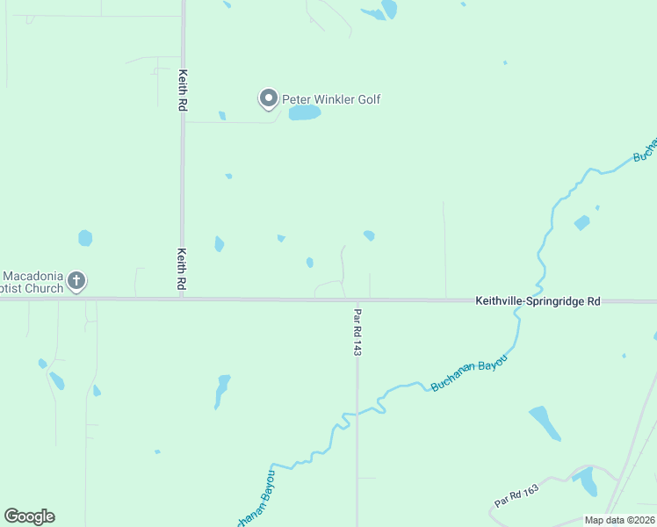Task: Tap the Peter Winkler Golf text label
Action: point(331,100)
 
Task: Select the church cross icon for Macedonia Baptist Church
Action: point(76,281)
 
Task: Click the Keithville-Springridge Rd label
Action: point(538,300)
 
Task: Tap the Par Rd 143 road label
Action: point(357,331)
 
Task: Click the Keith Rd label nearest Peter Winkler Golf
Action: point(183,90)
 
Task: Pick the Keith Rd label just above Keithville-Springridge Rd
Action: point(182,270)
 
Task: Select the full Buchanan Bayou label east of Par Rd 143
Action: point(469,372)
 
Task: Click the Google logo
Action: point(29,516)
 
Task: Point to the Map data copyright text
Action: point(619,520)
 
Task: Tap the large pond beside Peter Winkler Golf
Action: point(304,113)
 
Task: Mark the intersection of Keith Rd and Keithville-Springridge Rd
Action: point(183,300)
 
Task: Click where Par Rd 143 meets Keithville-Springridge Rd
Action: point(357,300)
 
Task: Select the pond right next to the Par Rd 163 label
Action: point(586,481)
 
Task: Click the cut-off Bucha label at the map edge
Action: point(645,150)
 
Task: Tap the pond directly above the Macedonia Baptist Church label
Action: point(85,238)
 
